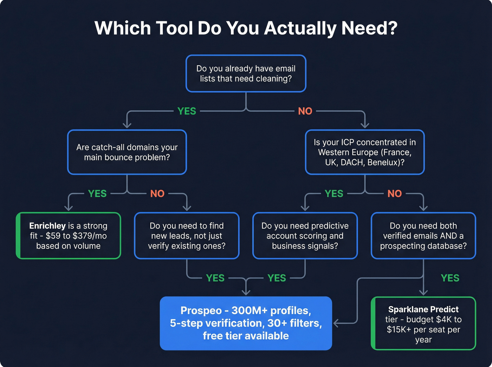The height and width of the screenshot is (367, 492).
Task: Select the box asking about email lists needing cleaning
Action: click(246, 73)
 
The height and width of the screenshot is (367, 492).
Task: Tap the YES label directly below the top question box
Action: click(187, 111)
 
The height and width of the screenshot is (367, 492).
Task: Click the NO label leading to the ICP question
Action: click(305, 111)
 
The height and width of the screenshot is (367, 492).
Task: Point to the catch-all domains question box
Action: click(127, 152)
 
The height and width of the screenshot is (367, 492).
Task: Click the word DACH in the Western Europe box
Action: click(352, 162)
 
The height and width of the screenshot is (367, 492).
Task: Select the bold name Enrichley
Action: click(47, 226)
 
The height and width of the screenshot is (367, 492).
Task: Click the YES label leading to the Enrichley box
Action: click(97, 194)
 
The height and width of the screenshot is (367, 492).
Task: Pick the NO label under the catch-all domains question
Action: click(157, 194)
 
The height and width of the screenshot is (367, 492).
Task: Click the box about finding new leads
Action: click(187, 236)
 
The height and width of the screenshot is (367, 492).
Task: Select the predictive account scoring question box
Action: click(305, 236)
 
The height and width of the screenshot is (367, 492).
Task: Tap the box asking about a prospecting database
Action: click(423, 236)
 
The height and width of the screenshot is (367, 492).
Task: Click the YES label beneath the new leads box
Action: click(215, 278)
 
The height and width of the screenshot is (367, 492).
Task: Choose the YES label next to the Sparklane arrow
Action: click(450, 278)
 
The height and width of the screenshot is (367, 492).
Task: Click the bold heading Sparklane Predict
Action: click(423, 309)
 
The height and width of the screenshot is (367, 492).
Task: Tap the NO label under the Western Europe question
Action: click(394, 194)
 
